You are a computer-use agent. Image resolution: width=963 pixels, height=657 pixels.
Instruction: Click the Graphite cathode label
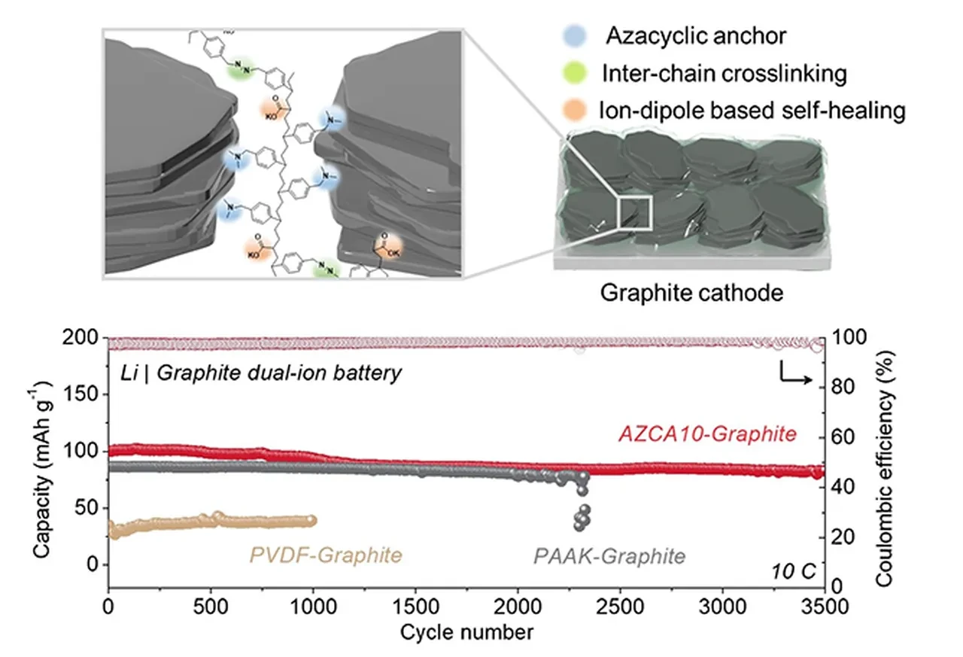click(x=691, y=292)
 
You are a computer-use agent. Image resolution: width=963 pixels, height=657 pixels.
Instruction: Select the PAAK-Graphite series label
click(x=609, y=557)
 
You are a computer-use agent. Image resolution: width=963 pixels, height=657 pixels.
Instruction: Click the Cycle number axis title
click(x=466, y=631)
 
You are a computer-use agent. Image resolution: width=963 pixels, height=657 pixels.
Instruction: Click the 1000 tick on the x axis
click(x=313, y=605)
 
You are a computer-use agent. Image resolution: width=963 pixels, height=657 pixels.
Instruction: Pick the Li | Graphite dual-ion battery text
click(x=260, y=373)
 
